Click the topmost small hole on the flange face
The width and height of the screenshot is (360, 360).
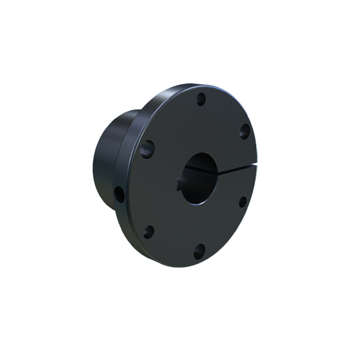[x=200, y=99]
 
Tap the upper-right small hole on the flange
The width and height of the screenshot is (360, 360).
[x=244, y=130]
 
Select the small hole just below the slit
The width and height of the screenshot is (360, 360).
[x=243, y=202]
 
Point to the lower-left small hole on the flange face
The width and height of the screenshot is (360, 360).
[x=149, y=232]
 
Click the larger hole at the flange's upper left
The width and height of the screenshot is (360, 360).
[x=147, y=149]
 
